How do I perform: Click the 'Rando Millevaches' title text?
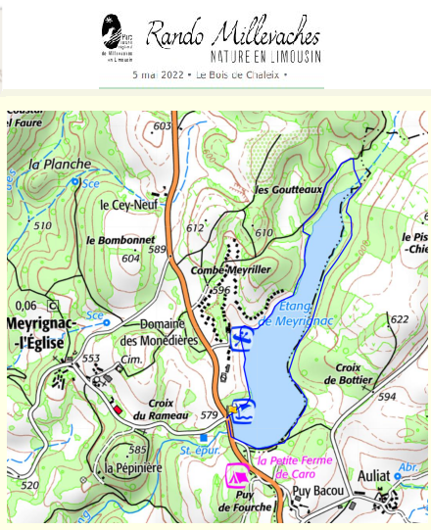(x=233, y=34)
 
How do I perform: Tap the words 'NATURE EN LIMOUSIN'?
(x=264, y=56)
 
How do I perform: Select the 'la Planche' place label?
(x=60, y=165)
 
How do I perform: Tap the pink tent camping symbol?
(x=236, y=476)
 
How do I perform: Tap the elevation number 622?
(x=398, y=320)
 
